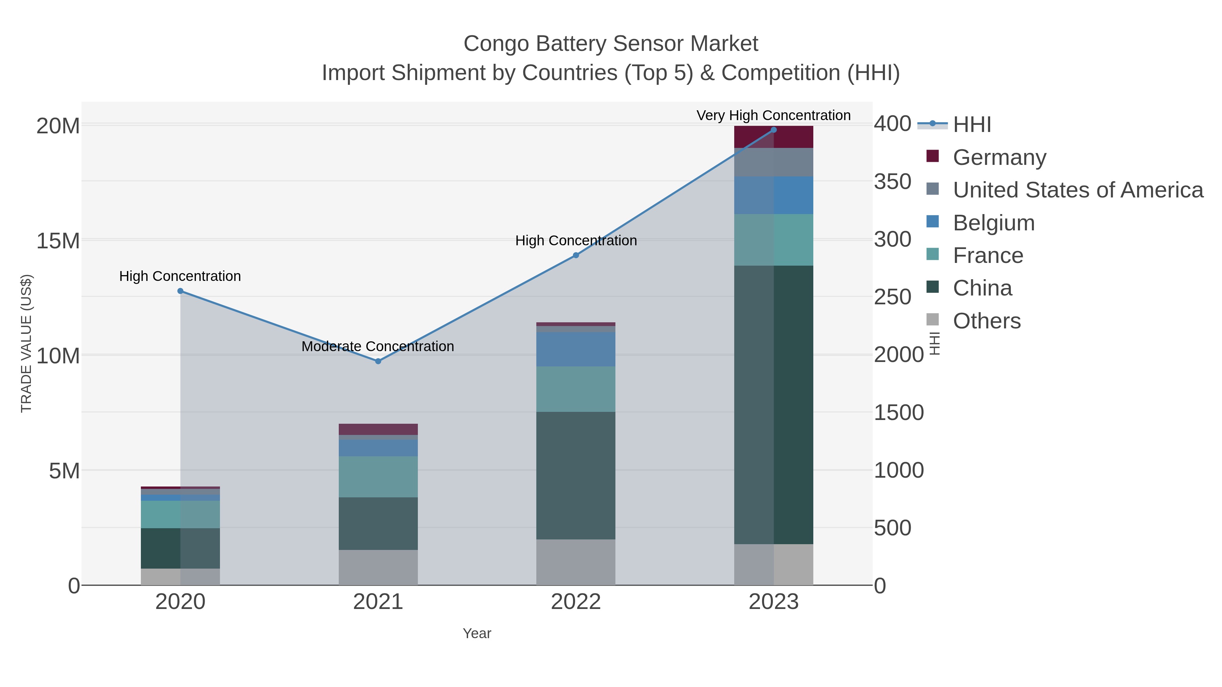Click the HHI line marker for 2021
[x=378, y=361]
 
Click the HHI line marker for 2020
[x=180, y=291]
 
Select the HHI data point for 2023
[x=774, y=130]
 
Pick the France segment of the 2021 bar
[x=378, y=477]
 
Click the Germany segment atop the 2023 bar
[x=774, y=137]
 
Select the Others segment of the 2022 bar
[x=575, y=562]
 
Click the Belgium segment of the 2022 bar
[x=575, y=349]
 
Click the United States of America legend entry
[x=1077, y=190]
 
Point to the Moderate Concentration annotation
[x=377, y=347]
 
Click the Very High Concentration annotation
[x=773, y=116]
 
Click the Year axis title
[x=477, y=633]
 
